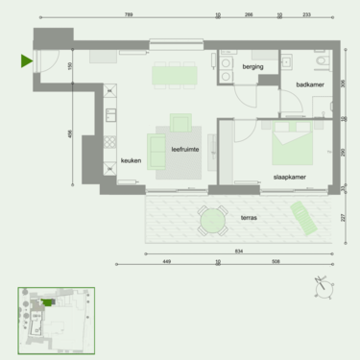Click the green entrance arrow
tap(26, 62)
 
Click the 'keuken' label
tap(132, 161)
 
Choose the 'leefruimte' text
tap(185, 150)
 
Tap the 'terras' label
tap(247, 218)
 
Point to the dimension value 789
tap(128, 15)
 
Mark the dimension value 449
tap(165, 260)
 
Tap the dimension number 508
tap(276, 260)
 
